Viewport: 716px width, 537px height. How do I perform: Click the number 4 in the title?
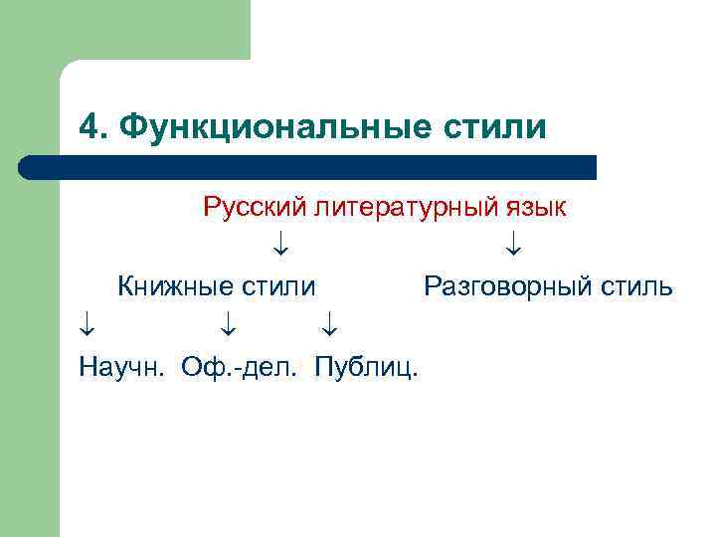coord(89,126)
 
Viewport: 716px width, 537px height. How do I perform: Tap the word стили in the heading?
coord(504,126)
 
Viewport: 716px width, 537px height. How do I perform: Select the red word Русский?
coord(254,207)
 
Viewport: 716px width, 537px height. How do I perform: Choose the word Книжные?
coord(174,287)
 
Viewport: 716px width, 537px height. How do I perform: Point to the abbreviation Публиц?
coord(366,368)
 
